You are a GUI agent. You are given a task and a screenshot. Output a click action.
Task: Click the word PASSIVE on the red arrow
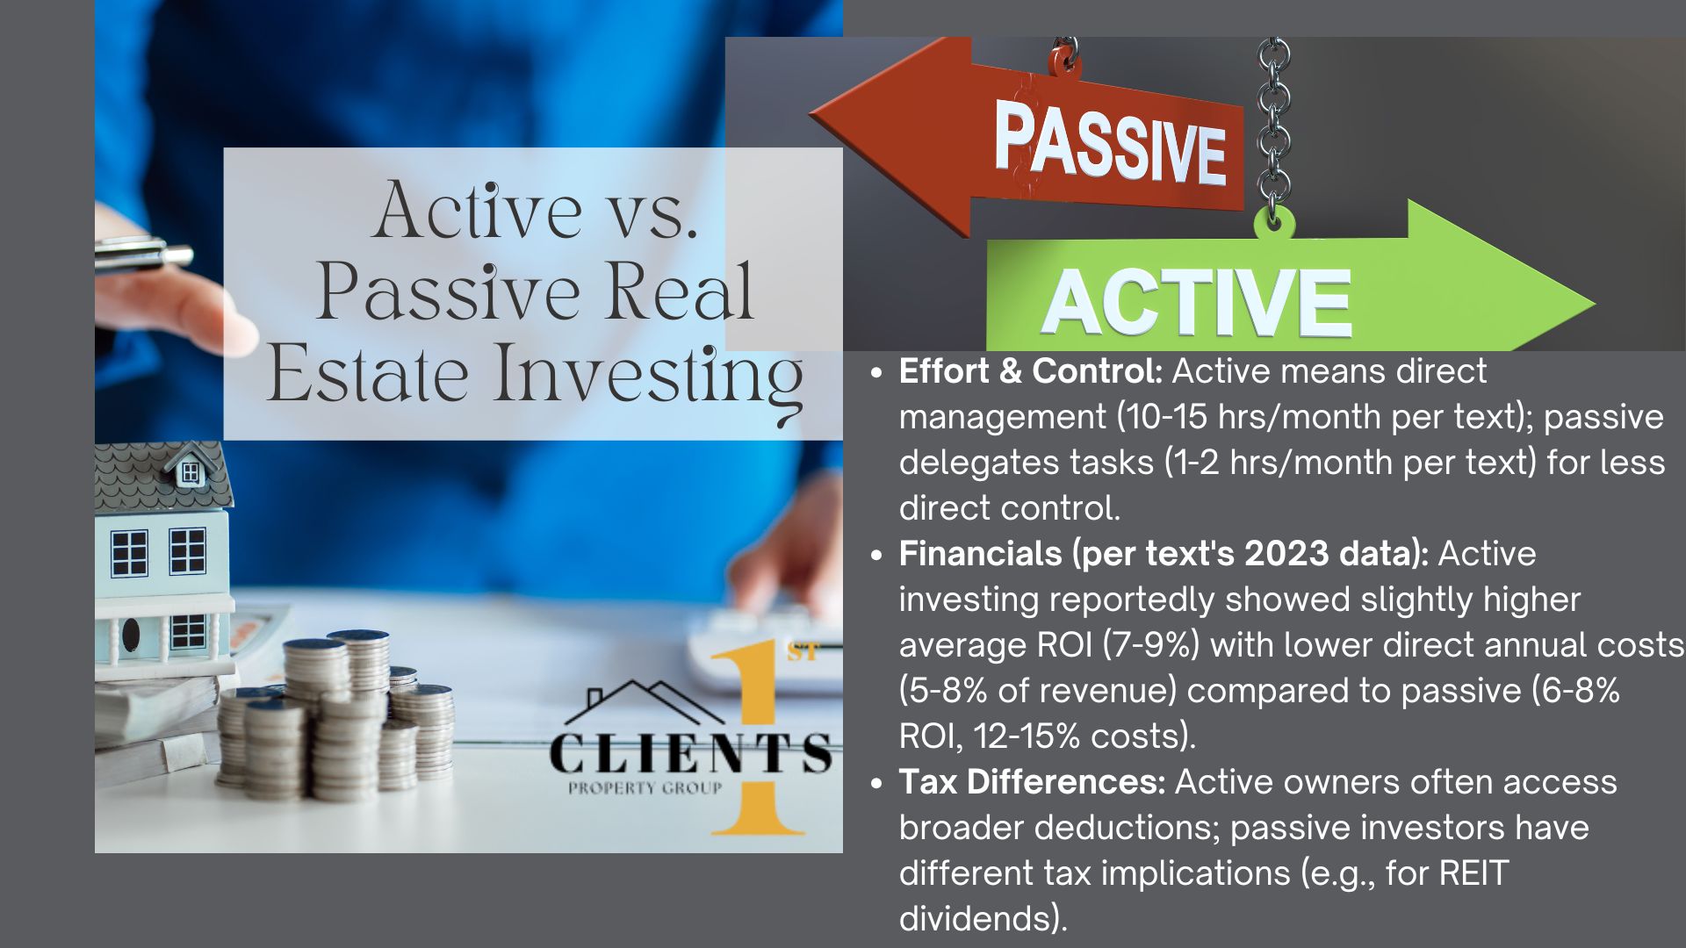(1111, 142)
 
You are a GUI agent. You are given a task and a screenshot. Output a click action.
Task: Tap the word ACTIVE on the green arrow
(1196, 302)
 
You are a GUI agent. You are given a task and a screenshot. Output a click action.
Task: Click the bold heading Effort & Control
(1031, 371)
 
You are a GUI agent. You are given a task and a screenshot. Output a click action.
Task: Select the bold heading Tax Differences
(1032, 782)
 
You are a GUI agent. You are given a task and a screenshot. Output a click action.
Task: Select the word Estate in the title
(367, 374)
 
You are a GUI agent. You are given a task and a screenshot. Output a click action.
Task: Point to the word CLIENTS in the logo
(690, 753)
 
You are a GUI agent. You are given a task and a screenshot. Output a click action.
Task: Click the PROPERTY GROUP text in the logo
(645, 788)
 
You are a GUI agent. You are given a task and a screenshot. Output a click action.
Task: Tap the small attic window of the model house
(191, 473)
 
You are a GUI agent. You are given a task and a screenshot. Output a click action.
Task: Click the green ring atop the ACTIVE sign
(1274, 222)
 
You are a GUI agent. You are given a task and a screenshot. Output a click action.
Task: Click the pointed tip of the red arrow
(810, 111)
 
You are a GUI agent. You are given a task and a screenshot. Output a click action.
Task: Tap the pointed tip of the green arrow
(1594, 304)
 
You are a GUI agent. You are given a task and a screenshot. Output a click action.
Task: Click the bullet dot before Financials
(875, 556)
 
